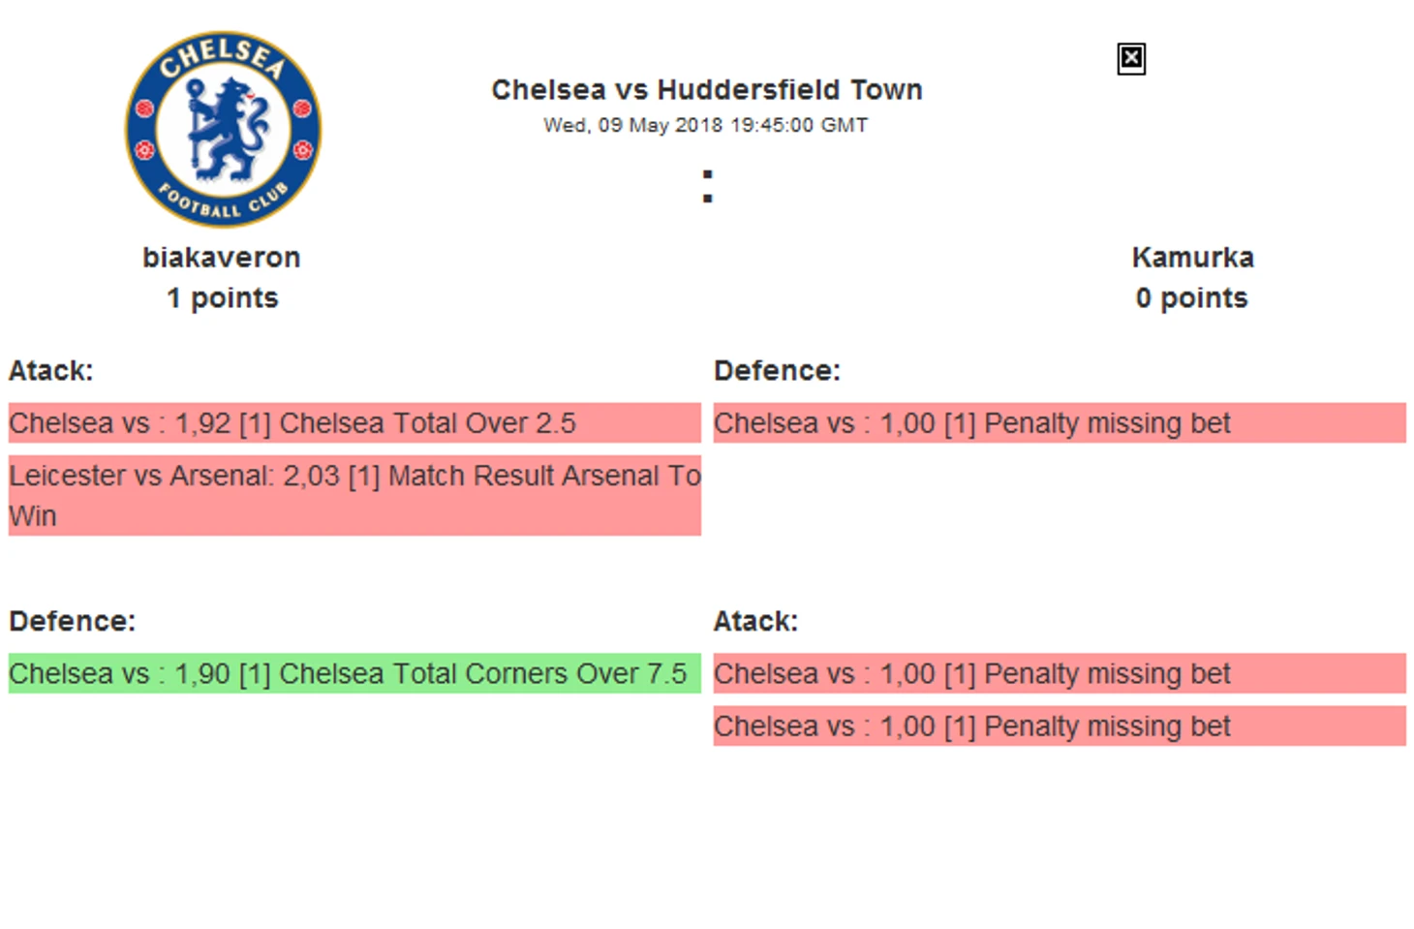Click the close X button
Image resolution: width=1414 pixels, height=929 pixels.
coord(1131,59)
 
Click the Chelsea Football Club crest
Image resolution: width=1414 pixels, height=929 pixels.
coord(223,129)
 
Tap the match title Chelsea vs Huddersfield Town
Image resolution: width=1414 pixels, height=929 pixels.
coord(707,90)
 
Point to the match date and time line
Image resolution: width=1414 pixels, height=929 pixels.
coord(706,125)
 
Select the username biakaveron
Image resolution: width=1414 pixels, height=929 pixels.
coord(222,258)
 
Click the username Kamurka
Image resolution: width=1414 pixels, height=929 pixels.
coord(1192,258)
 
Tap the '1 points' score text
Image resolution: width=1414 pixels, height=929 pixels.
coord(222,298)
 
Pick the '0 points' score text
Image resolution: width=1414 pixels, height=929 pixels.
coord(1192,298)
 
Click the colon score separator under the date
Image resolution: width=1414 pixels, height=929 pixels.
coord(708,186)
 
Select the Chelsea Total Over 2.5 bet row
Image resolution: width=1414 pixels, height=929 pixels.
coord(354,423)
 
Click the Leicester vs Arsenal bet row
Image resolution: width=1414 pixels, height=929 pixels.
coord(354,496)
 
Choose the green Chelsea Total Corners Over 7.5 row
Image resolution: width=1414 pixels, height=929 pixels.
coord(354,673)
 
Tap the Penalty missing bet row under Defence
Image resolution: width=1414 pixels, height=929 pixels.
coord(1060,423)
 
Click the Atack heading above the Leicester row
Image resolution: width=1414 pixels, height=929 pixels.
coord(51,371)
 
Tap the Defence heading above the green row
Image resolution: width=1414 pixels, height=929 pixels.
coord(73,622)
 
